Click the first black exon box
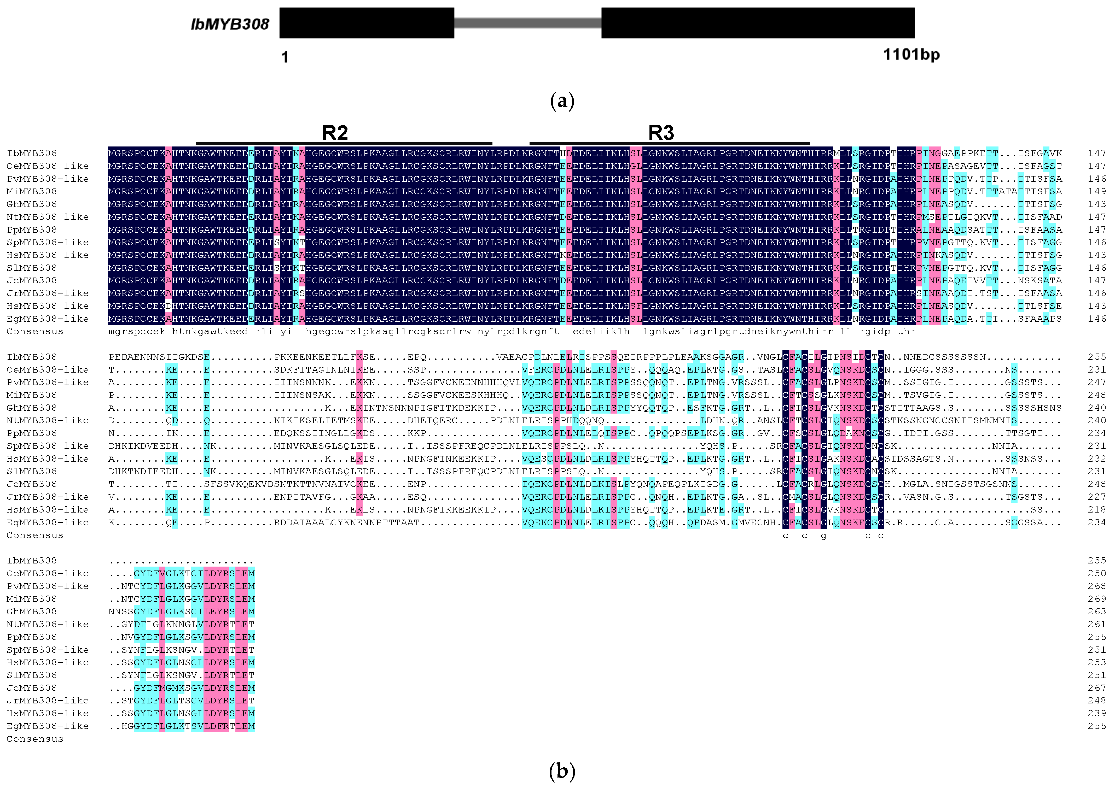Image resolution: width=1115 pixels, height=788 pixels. point(367,23)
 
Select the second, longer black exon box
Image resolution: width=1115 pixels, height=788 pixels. point(758,23)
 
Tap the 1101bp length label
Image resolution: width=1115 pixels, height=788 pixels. point(911,54)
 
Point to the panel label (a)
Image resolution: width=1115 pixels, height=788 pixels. point(562,101)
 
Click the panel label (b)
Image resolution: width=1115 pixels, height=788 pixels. point(562,771)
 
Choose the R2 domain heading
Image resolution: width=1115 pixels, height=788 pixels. point(335,132)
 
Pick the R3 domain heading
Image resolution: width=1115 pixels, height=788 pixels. point(661,132)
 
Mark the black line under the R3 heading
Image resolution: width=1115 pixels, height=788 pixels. point(669,143)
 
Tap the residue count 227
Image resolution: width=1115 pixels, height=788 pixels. point(1096,497)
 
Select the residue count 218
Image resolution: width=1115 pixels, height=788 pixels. point(1096,509)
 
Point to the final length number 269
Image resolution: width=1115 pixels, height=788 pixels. point(1096,599)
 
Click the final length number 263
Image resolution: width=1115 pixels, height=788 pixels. point(1096,611)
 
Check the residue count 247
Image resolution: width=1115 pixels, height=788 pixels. point(1096,382)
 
